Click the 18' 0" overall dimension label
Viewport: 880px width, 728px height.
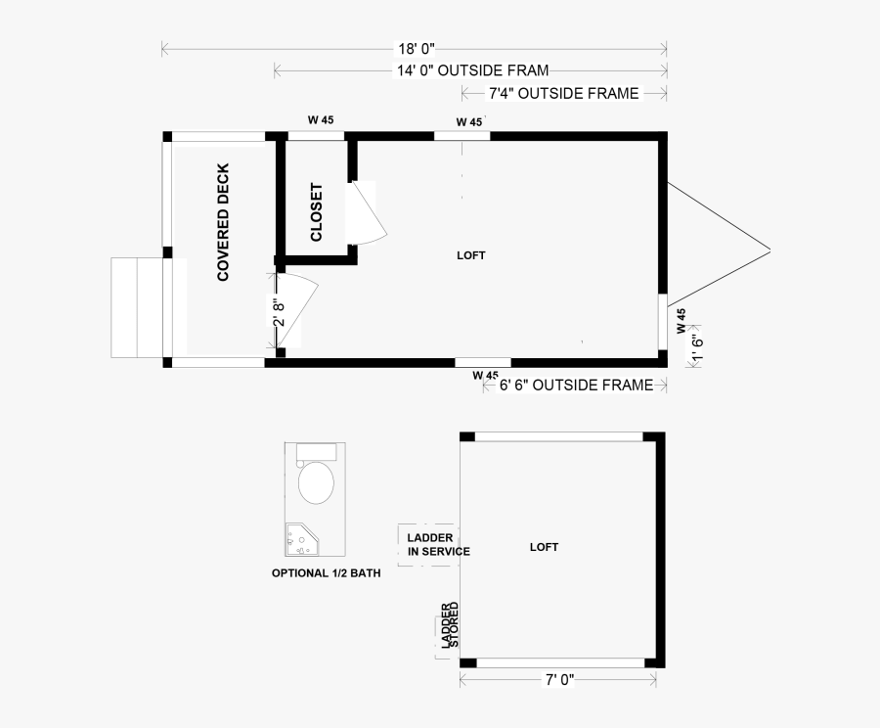417,49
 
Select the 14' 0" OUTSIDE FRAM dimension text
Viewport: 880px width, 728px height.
472,70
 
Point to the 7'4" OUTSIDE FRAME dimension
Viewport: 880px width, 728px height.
563,93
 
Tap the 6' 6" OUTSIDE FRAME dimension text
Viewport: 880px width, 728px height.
576,386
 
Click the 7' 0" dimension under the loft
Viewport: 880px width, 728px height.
559,680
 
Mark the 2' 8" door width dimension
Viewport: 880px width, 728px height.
279,312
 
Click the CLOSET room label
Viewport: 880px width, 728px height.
316,212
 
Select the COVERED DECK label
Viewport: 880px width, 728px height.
223,222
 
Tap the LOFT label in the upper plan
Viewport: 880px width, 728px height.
471,255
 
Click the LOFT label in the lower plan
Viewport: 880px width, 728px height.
544,547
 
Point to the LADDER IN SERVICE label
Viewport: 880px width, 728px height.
438,544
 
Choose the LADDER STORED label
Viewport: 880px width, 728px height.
450,625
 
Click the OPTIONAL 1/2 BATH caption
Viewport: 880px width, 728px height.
326,573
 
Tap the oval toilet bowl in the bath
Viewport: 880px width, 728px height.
316,482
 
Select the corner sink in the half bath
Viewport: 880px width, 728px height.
302,539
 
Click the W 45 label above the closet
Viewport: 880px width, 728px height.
321,119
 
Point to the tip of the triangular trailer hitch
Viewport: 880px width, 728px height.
770,251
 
